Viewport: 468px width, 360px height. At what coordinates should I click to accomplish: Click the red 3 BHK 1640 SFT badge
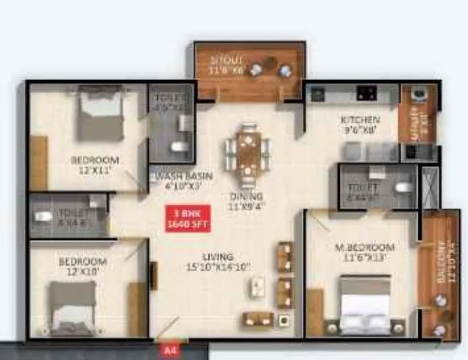click(187, 218)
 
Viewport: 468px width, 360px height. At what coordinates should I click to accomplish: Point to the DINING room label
click(246, 199)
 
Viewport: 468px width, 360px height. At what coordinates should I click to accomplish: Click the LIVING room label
click(216, 261)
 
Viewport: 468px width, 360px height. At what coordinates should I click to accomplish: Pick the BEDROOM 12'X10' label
click(82, 266)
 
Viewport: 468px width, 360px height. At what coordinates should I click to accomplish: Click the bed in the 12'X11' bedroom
click(99, 114)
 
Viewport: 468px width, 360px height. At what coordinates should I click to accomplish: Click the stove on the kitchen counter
click(364, 92)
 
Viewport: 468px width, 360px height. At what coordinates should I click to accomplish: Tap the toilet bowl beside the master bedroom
click(404, 186)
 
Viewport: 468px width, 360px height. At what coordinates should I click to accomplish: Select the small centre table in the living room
click(258, 286)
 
